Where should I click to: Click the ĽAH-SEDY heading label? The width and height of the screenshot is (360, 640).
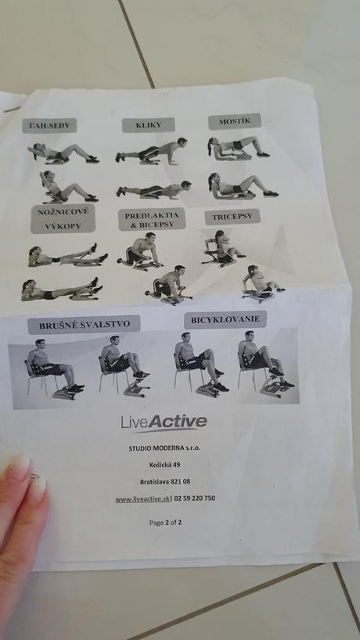click(49, 125)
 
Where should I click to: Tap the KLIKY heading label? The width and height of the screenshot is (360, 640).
click(148, 125)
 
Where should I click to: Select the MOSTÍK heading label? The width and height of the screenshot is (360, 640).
click(234, 121)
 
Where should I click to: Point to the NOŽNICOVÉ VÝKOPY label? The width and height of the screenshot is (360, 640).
click(62, 218)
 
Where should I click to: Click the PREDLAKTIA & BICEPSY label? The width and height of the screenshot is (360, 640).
click(152, 219)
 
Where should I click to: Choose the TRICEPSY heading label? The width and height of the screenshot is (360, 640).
click(232, 217)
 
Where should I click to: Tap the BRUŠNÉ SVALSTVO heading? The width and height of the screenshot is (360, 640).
click(83, 324)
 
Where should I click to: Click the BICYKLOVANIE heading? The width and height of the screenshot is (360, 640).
click(225, 319)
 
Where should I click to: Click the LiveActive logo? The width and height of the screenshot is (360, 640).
click(164, 423)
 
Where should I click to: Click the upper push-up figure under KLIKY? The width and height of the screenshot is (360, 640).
click(152, 151)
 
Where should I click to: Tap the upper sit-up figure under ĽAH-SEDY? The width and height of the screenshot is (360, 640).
click(64, 153)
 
